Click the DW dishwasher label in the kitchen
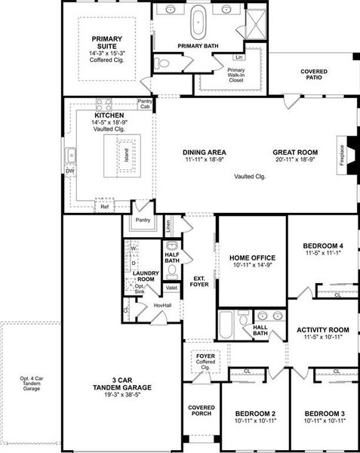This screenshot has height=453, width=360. point(71,171)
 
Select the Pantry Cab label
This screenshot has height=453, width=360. point(146,104)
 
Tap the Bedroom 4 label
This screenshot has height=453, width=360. point(322,246)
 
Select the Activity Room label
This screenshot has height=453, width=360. point(322,330)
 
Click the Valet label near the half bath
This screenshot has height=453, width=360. point(171,288)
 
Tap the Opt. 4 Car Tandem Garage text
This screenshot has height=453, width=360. point(29,384)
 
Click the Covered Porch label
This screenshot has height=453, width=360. point(201,411)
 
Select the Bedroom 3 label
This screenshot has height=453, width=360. point(325,414)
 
